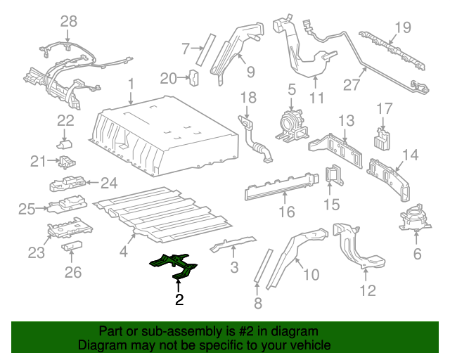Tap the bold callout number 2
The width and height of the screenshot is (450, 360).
coord(179,301)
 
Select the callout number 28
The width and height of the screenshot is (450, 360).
coord(68,22)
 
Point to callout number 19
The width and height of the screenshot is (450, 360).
coord(401,28)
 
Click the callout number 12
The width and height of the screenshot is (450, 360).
coord(368,289)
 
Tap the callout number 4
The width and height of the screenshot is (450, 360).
coord(124,251)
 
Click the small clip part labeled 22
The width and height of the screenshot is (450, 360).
coord(65,144)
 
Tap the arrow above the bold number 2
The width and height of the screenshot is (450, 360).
coord(179,285)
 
